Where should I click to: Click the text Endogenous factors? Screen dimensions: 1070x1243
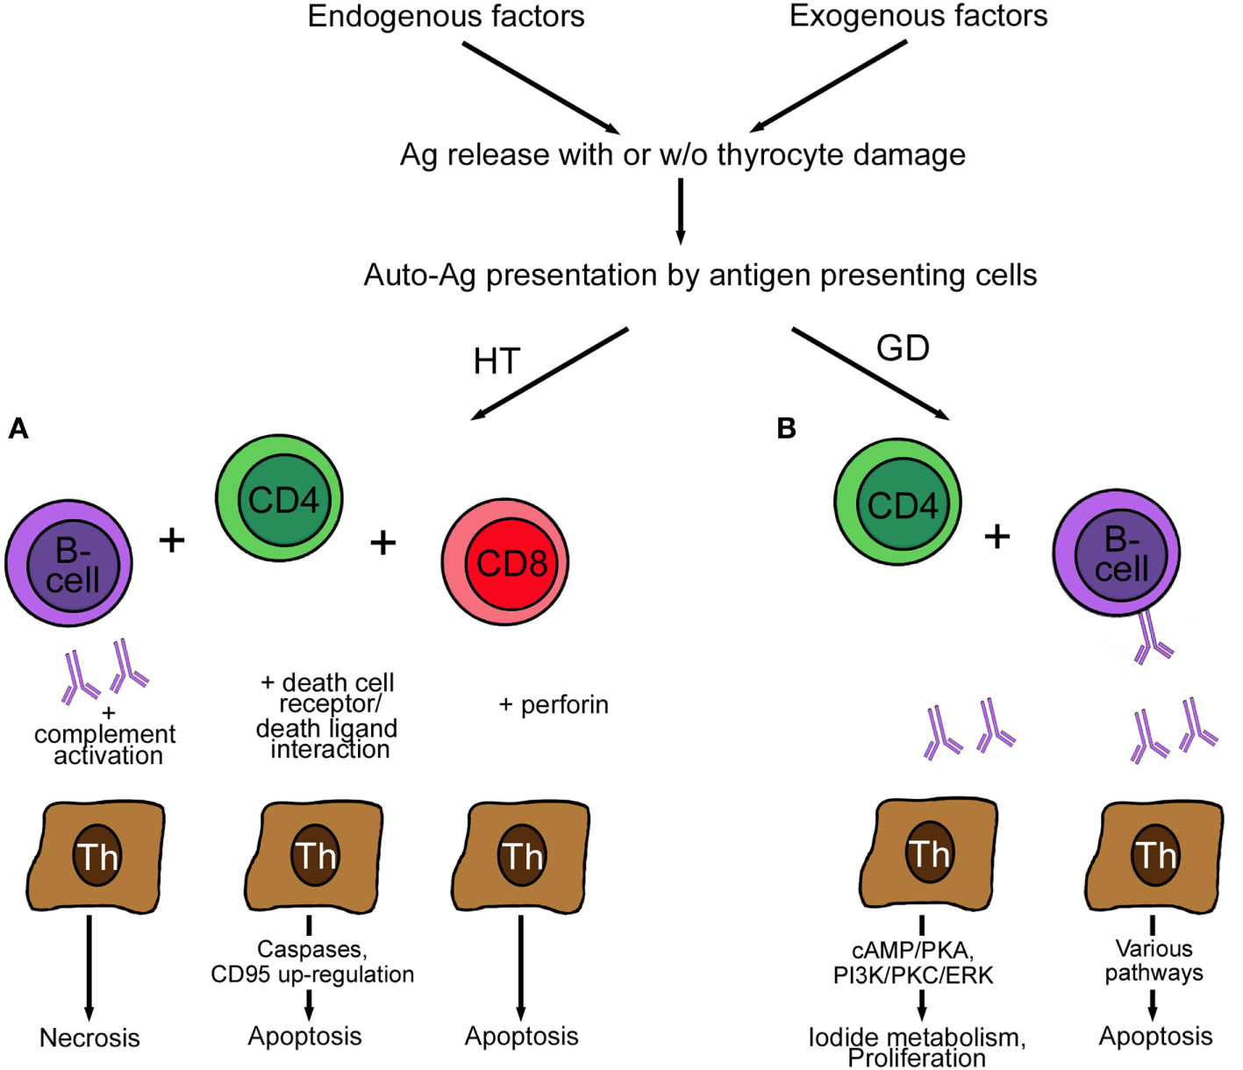pyautogui.click(x=446, y=17)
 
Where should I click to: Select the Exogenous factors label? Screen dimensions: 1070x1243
pyautogui.click(x=918, y=17)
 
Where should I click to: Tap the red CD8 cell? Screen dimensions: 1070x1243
pyautogui.click(x=504, y=562)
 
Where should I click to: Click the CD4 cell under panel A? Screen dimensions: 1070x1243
pyautogui.click(x=280, y=498)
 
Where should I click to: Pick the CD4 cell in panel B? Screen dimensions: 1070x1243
pyautogui.click(x=897, y=503)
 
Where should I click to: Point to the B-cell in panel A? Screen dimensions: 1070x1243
pyautogui.click(x=69, y=563)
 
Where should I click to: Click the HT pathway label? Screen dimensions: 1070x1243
pyautogui.click(x=496, y=361)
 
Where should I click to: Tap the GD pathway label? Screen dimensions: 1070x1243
pyautogui.click(x=903, y=348)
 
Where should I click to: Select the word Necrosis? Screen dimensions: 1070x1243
pyautogui.click(x=89, y=1038)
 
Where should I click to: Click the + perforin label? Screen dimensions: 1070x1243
pyautogui.click(x=554, y=704)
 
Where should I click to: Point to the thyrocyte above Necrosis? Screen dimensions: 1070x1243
pyautogui.click(x=96, y=855)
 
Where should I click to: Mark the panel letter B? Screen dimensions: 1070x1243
pyautogui.click(x=786, y=428)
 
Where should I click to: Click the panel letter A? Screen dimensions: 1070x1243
pyautogui.click(x=18, y=428)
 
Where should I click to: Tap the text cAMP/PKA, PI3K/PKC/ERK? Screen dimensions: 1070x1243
pyautogui.click(x=913, y=962)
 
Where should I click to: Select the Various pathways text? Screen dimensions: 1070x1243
pyautogui.click(x=1154, y=960)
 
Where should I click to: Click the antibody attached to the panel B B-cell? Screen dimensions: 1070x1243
pyautogui.click(x=1152, y=639)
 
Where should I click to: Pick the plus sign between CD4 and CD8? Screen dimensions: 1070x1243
pyautogui.click(x=382, y=543)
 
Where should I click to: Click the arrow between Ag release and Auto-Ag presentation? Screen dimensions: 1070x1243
pyautogui.click(x=681, y=210)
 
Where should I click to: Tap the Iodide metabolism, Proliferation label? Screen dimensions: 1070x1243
pyautogui.click(x=917, y=1047)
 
